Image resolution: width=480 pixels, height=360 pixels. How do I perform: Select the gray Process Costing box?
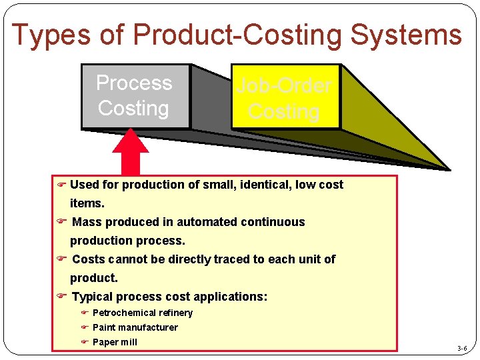click(135, 96)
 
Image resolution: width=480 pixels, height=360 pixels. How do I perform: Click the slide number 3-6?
click(462, 349)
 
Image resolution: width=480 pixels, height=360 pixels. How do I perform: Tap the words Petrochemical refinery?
click(143, 313)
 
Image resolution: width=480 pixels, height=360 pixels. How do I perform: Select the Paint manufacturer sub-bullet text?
click(135, 327)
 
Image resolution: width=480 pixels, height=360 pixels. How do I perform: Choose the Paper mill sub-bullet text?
click(115, 342)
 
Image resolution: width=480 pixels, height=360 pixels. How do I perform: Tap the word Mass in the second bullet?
click(85, 222)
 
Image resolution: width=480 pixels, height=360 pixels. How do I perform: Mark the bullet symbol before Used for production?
click(61, 185)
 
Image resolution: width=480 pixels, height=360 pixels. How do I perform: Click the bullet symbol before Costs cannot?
click(61, 259)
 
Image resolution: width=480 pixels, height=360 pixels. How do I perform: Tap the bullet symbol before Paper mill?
click(85, 342)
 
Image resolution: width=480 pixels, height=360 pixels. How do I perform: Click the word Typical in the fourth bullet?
click(92, 297)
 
